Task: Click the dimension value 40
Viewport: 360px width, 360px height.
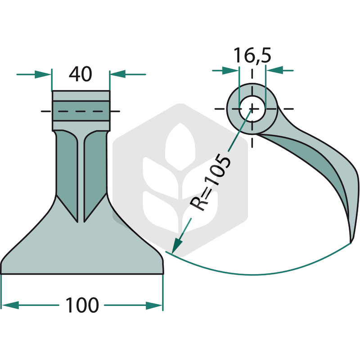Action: [x=81, y=74]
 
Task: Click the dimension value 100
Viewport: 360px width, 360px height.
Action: [x=82, y=305]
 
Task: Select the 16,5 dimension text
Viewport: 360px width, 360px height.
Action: [x=252, y=55]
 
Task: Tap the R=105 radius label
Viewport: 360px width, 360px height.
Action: [x=210, y=183]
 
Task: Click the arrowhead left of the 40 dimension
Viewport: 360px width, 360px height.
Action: [x=43, y=74]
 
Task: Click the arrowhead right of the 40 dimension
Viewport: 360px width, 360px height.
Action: [x=118, y=74]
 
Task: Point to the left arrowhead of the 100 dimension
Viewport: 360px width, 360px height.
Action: [x=10, y=306]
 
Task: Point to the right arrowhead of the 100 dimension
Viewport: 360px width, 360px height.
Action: [x=154, y=306]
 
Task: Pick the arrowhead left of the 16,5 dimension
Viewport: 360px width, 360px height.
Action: [x=230, y=71]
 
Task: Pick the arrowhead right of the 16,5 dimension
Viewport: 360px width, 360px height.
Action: [x=274, y=70]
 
